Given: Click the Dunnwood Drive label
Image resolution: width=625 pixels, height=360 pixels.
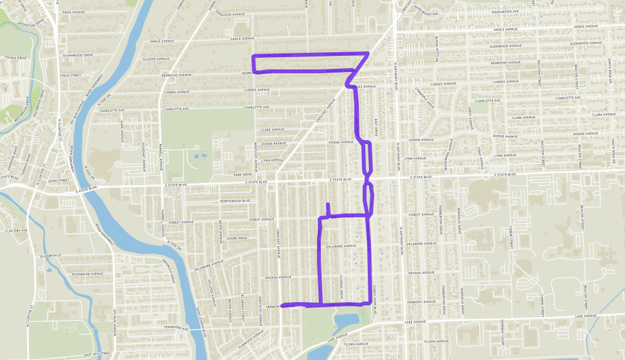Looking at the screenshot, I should point(77,55).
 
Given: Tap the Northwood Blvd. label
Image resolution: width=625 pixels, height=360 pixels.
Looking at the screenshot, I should point(235,201).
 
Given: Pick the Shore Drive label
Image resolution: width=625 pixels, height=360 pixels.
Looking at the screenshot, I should point(237,238).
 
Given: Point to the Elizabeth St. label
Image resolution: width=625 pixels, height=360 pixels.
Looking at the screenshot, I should point(53,256).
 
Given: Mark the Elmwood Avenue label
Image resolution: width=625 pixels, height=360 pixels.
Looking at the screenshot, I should point(250,335).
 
